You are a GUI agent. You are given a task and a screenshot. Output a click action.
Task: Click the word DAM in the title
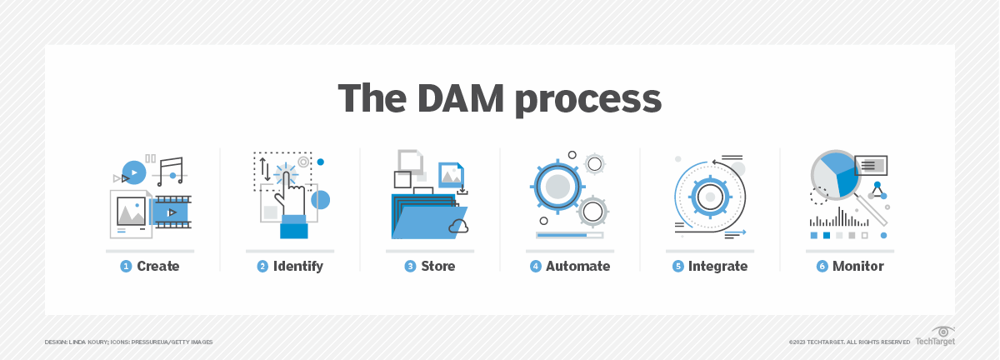pos(471,99)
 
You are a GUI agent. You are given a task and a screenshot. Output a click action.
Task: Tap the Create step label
pos(158,267)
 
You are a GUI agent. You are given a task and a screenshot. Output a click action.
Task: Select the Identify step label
pos(297,267)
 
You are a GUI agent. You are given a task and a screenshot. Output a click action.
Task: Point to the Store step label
pos(437,267)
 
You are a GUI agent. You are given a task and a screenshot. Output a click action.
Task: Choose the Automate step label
pos(577,267)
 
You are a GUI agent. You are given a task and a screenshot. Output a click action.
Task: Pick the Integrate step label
pos(717,267)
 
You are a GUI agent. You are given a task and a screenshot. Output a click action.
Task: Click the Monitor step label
pos(857,267)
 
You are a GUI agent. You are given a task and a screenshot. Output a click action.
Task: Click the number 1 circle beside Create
pos(126,267)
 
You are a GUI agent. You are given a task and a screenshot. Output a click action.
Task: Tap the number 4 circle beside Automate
pos(536,267)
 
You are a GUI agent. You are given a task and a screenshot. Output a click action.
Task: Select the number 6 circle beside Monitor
pos(822,267)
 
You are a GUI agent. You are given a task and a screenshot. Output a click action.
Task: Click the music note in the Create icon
pos(171,171)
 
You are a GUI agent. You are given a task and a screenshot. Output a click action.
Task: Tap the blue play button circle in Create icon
pos(134,172)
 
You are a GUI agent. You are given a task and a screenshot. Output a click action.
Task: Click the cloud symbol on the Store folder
pos(457,225)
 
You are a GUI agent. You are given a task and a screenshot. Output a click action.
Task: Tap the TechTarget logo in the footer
pos(935,337)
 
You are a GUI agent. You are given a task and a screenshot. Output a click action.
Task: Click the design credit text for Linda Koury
pos(129,342)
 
